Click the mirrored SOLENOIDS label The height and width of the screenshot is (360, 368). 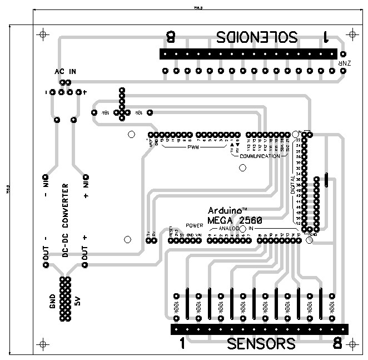pyautogui.click(x=257, y=38)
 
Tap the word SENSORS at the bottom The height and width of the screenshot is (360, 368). pyautogui.click(x=261, y=344)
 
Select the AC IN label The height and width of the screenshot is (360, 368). pyautogui.click(x=65, y=72)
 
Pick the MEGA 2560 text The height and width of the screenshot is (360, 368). pyautogui.click(x=235, y=220)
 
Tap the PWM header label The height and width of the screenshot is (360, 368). pyautogui.click(x=193, y=147)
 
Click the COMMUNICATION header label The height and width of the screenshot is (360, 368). pyautogui.click(x=260, y=156)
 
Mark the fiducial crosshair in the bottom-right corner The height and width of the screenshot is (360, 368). pyautogui.click(x=352, y=342)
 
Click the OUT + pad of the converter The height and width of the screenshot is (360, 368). pyautogui.click(x=85, y=265)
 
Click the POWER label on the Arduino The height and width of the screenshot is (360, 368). pyautogui.click(x=195, y=226)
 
